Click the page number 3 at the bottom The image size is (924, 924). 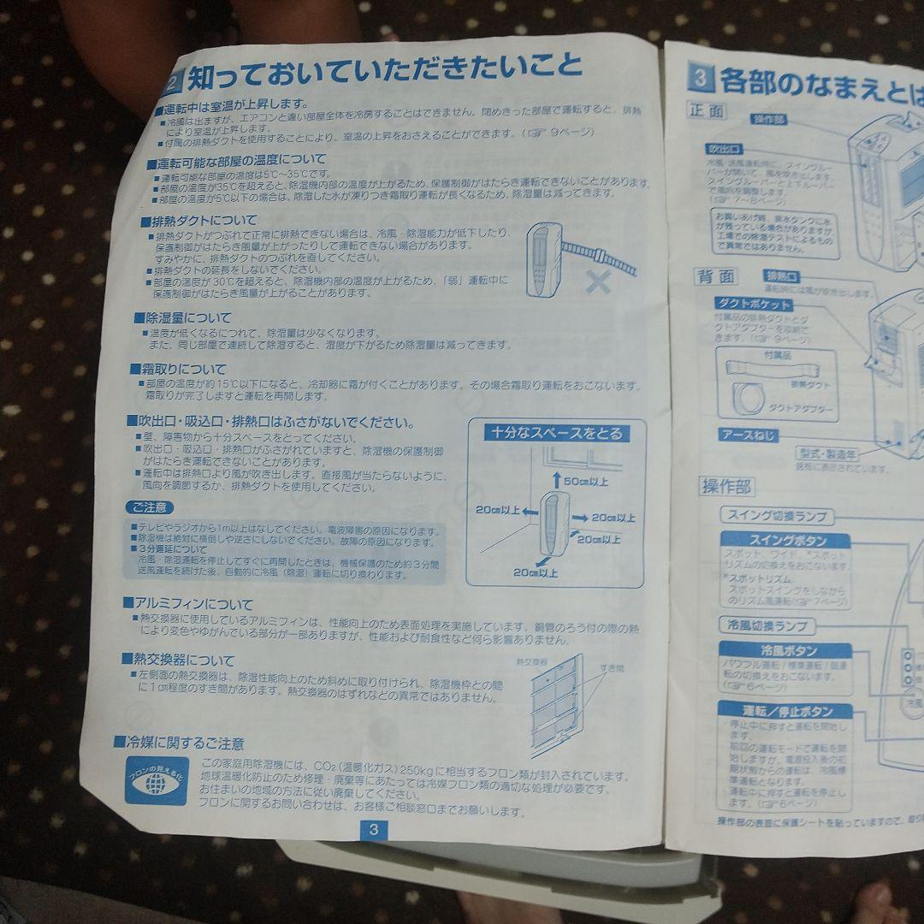tap(374, 829)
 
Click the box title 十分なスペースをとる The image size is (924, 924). tap(557, 434)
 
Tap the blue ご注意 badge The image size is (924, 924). tap(150, 508)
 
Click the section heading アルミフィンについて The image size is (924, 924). tap(192, 604)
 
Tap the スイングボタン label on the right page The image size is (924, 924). tap(787, 541)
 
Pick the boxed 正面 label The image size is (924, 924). tap(707, 111)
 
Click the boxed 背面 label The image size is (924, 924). tap(715, 276)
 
